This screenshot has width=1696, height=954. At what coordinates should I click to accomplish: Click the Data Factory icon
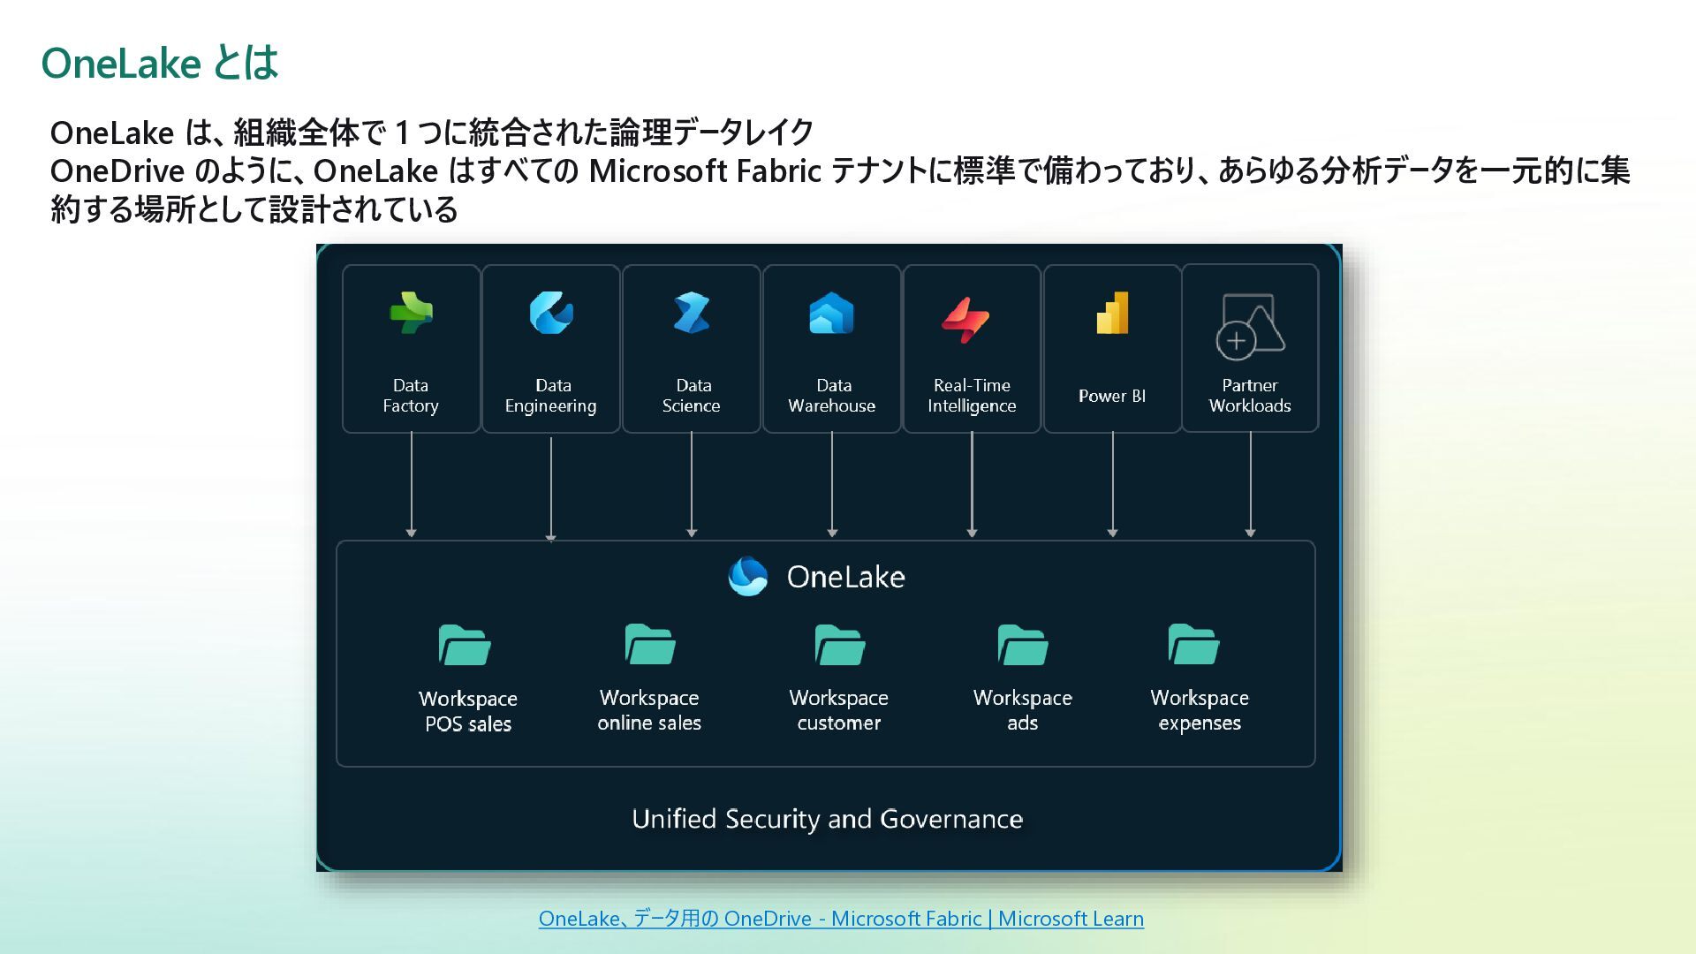tap(411, 313)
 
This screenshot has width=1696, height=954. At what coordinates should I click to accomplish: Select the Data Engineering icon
tap(551, 313)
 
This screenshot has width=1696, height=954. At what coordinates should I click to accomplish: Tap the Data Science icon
tap(692, 313)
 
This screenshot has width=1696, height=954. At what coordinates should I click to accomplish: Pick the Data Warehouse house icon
tap(831, 314)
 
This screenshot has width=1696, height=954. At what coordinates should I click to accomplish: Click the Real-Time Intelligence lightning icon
tap(965, 319)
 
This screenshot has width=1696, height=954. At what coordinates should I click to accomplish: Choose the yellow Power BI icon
tap(1113, 314)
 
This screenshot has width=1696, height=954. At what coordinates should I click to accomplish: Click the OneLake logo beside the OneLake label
tap(747, 577)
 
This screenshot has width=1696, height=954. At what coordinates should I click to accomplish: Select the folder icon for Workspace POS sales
tap(465, 646)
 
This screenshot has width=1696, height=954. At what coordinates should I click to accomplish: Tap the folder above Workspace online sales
tap(650, 645)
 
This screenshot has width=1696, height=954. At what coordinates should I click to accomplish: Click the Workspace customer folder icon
tap(839, 645)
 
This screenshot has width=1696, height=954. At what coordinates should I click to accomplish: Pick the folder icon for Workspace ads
tap(1023, 645)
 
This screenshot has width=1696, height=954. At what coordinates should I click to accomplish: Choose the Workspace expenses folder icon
tap(1193, 645)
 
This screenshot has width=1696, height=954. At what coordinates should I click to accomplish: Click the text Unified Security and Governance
tap(827, 819)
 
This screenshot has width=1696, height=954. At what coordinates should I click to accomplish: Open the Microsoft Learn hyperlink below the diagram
tap(841, 919)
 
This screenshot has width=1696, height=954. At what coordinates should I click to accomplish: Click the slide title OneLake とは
tap(160, 64)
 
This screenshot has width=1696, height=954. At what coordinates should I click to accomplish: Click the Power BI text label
tap(1112, 396)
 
